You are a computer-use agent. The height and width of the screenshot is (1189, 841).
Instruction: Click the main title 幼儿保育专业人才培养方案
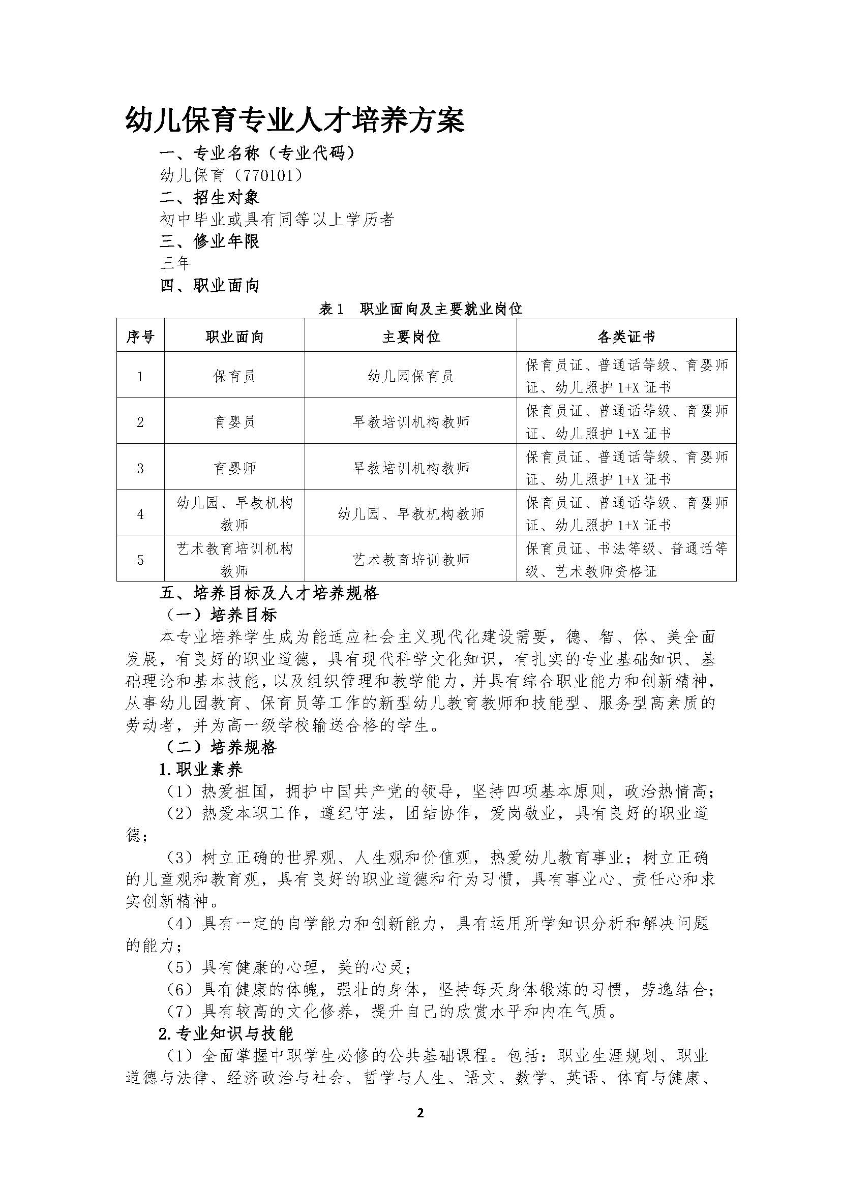point(295,121)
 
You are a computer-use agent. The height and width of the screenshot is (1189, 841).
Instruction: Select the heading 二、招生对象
point(209,197)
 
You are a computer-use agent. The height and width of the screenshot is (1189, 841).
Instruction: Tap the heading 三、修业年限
point(209,241)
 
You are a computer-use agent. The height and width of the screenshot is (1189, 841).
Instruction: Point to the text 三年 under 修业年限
point(175,263)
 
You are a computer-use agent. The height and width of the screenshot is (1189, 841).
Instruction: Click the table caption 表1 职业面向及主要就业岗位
point(420,309)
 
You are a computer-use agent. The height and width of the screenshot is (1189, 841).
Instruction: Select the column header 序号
point(140,337)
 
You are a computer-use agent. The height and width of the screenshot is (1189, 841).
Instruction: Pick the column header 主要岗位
point(411,337)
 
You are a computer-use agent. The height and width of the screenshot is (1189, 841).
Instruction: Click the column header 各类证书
point(626,337)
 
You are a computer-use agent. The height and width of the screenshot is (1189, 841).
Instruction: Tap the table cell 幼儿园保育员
point(411,376)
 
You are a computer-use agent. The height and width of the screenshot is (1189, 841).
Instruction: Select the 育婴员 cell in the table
point(234,422)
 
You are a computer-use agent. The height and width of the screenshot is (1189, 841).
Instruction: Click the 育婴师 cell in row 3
point(234,468)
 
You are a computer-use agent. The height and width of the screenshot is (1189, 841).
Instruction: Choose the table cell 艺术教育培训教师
point(411,560)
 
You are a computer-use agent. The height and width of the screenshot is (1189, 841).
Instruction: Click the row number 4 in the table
point(140,514)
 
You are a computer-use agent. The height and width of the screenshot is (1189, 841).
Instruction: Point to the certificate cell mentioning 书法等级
point(626,560)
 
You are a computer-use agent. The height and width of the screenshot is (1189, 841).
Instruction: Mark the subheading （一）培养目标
point(221,615)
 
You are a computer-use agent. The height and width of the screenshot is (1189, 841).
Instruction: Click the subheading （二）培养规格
point(221,747)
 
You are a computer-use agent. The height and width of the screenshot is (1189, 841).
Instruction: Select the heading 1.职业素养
point(201,770)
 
